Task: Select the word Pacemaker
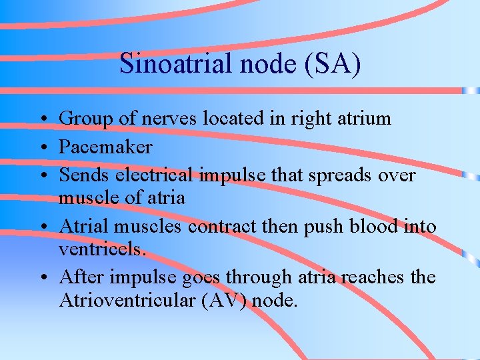tap(105, 147)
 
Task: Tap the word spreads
tap(335, 175)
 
